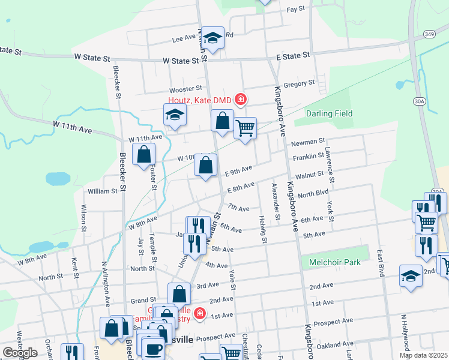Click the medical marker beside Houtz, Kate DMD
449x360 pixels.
click(240, 99)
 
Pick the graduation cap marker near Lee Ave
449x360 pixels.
click(212, 38)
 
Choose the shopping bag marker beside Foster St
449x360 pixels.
click(145, 155)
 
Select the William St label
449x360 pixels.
click(102, 191)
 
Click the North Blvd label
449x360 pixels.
click(313, 194)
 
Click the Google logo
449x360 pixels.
click(20, 353)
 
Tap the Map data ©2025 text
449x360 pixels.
click(423, 355)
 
